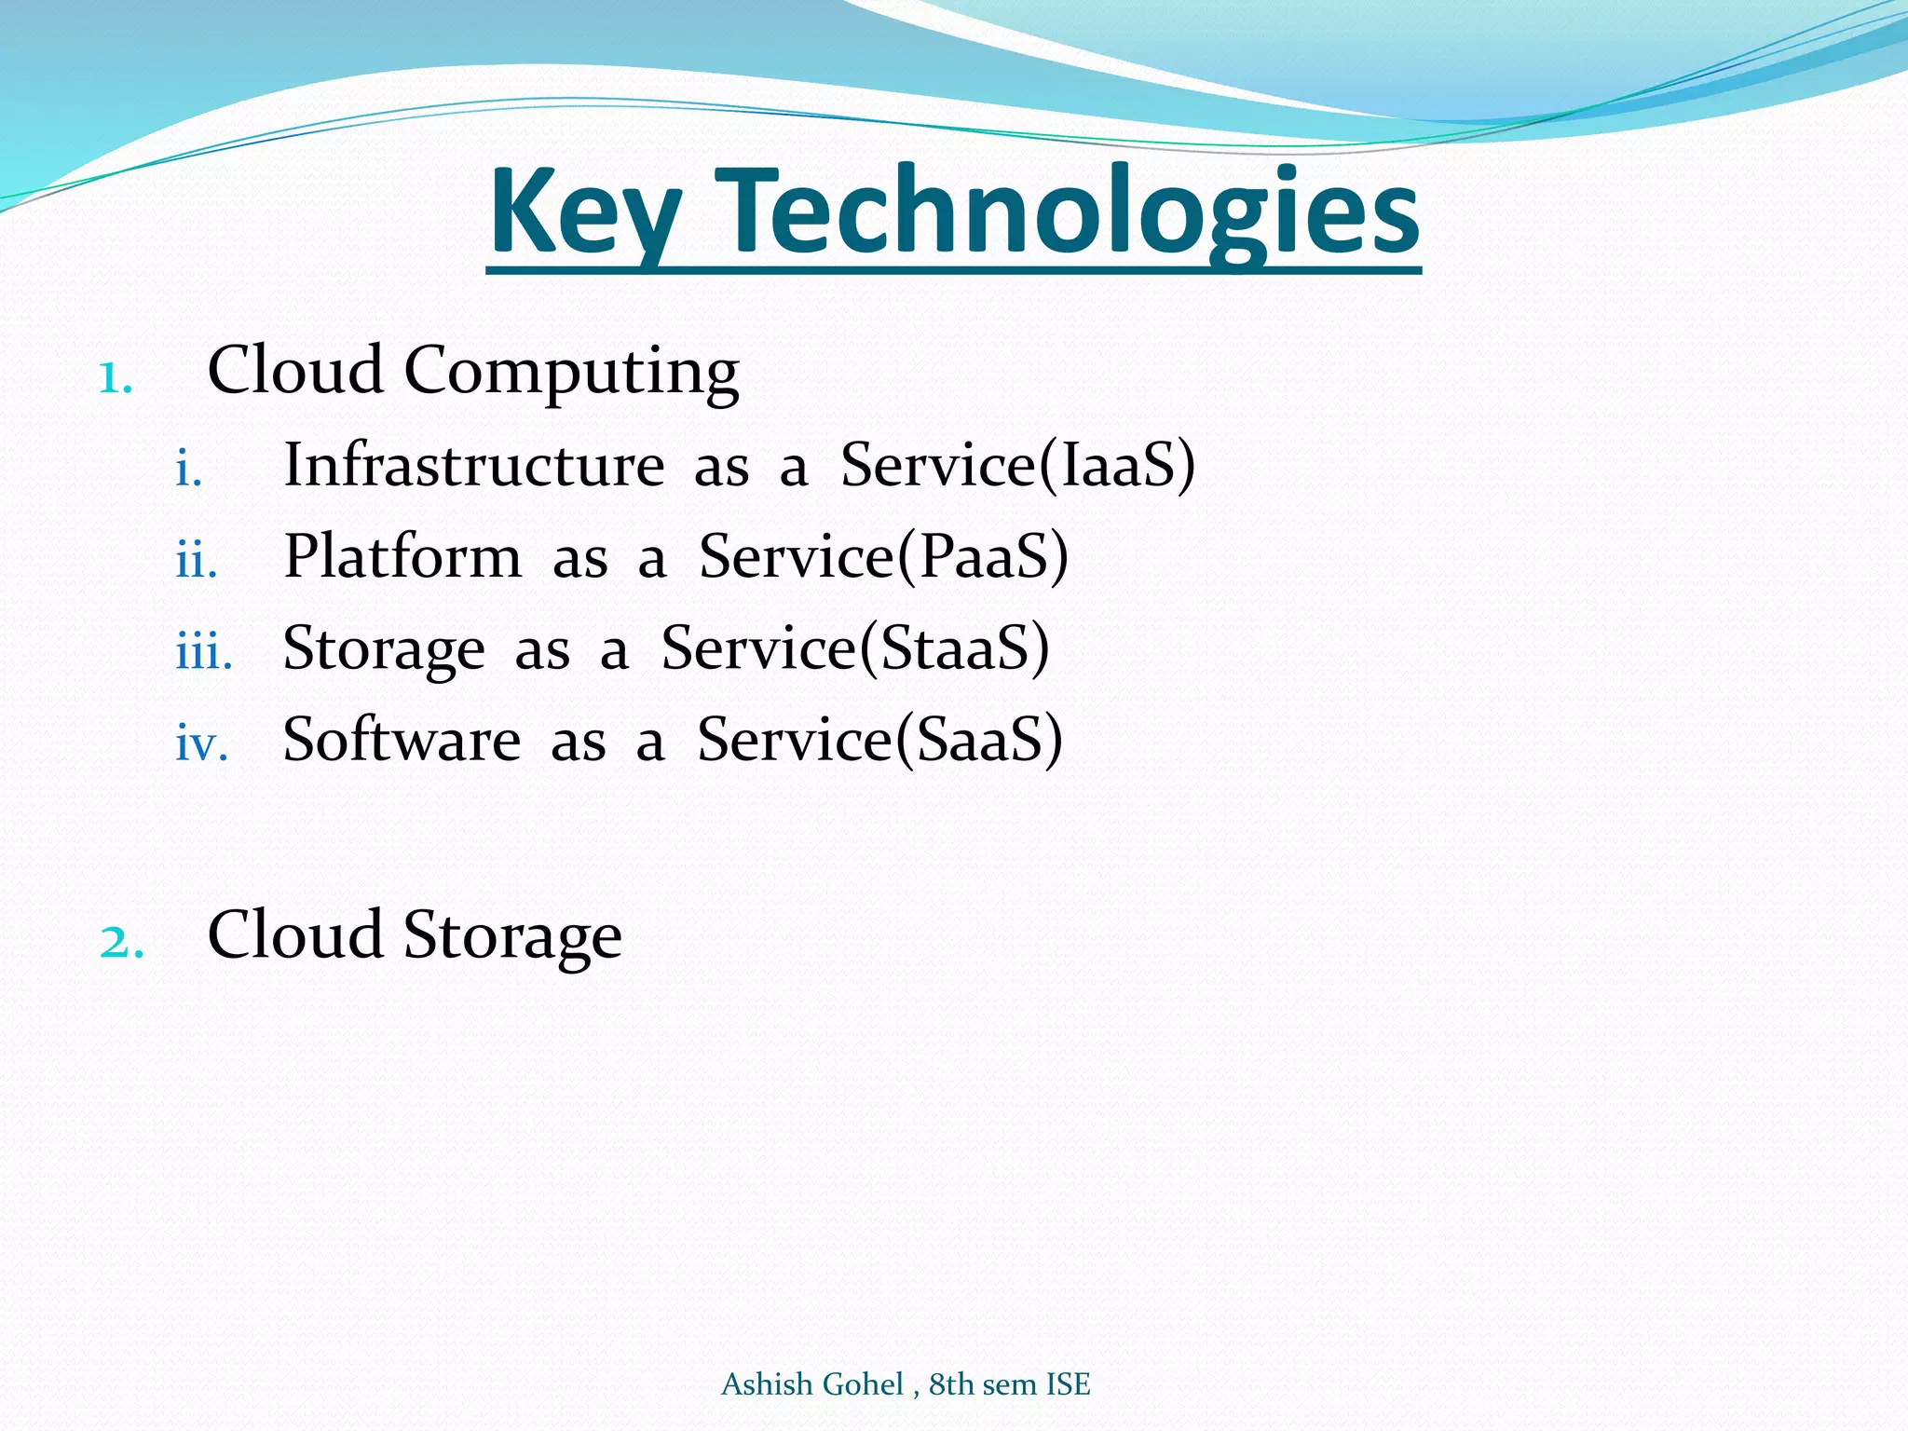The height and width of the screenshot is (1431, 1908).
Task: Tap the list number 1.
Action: [x=116, y=378]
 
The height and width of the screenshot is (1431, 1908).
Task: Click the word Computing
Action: [x=571, y=372]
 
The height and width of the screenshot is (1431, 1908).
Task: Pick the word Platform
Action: [x=402, y=556]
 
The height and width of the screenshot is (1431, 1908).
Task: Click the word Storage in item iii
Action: [x=384, y=648]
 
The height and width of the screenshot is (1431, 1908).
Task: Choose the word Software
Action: [x=402, y=740]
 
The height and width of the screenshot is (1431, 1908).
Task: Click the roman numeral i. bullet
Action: [x=189, y=470]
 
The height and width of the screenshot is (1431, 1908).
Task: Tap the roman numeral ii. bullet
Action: [x=197, y=562]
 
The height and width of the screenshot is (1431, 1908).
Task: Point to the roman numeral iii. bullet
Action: [x=204, y=653]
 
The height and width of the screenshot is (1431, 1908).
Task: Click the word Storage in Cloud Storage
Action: [x=512, y=936]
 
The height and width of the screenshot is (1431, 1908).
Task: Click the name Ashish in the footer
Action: [x=766, y=1384]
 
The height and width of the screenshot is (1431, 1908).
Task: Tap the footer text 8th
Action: [x=950, y=1384]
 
